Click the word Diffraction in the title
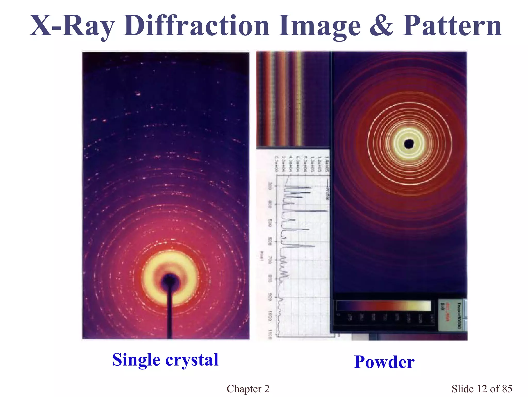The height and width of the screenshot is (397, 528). pyautogui.click(x=196, y=26)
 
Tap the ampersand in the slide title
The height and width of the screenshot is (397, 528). pyautogui.click(x=382, y=26)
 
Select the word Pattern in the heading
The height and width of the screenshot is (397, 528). pyautogui.click(x=452, y=26)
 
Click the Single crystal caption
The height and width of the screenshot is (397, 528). pyautogui.click(x=165, y=360)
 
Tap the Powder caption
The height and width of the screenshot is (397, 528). pyautogui.click(x=384, y=362)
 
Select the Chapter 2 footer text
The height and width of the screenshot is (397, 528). pyautogui.click(x=248, y=389)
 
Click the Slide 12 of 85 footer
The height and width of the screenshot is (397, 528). pyautogui.click(x=482, y=389)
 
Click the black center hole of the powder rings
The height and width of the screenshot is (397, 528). pyautogui.click(x=409, y=144)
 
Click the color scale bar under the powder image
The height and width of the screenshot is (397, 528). pyautogui.click(x=384, y=306)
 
